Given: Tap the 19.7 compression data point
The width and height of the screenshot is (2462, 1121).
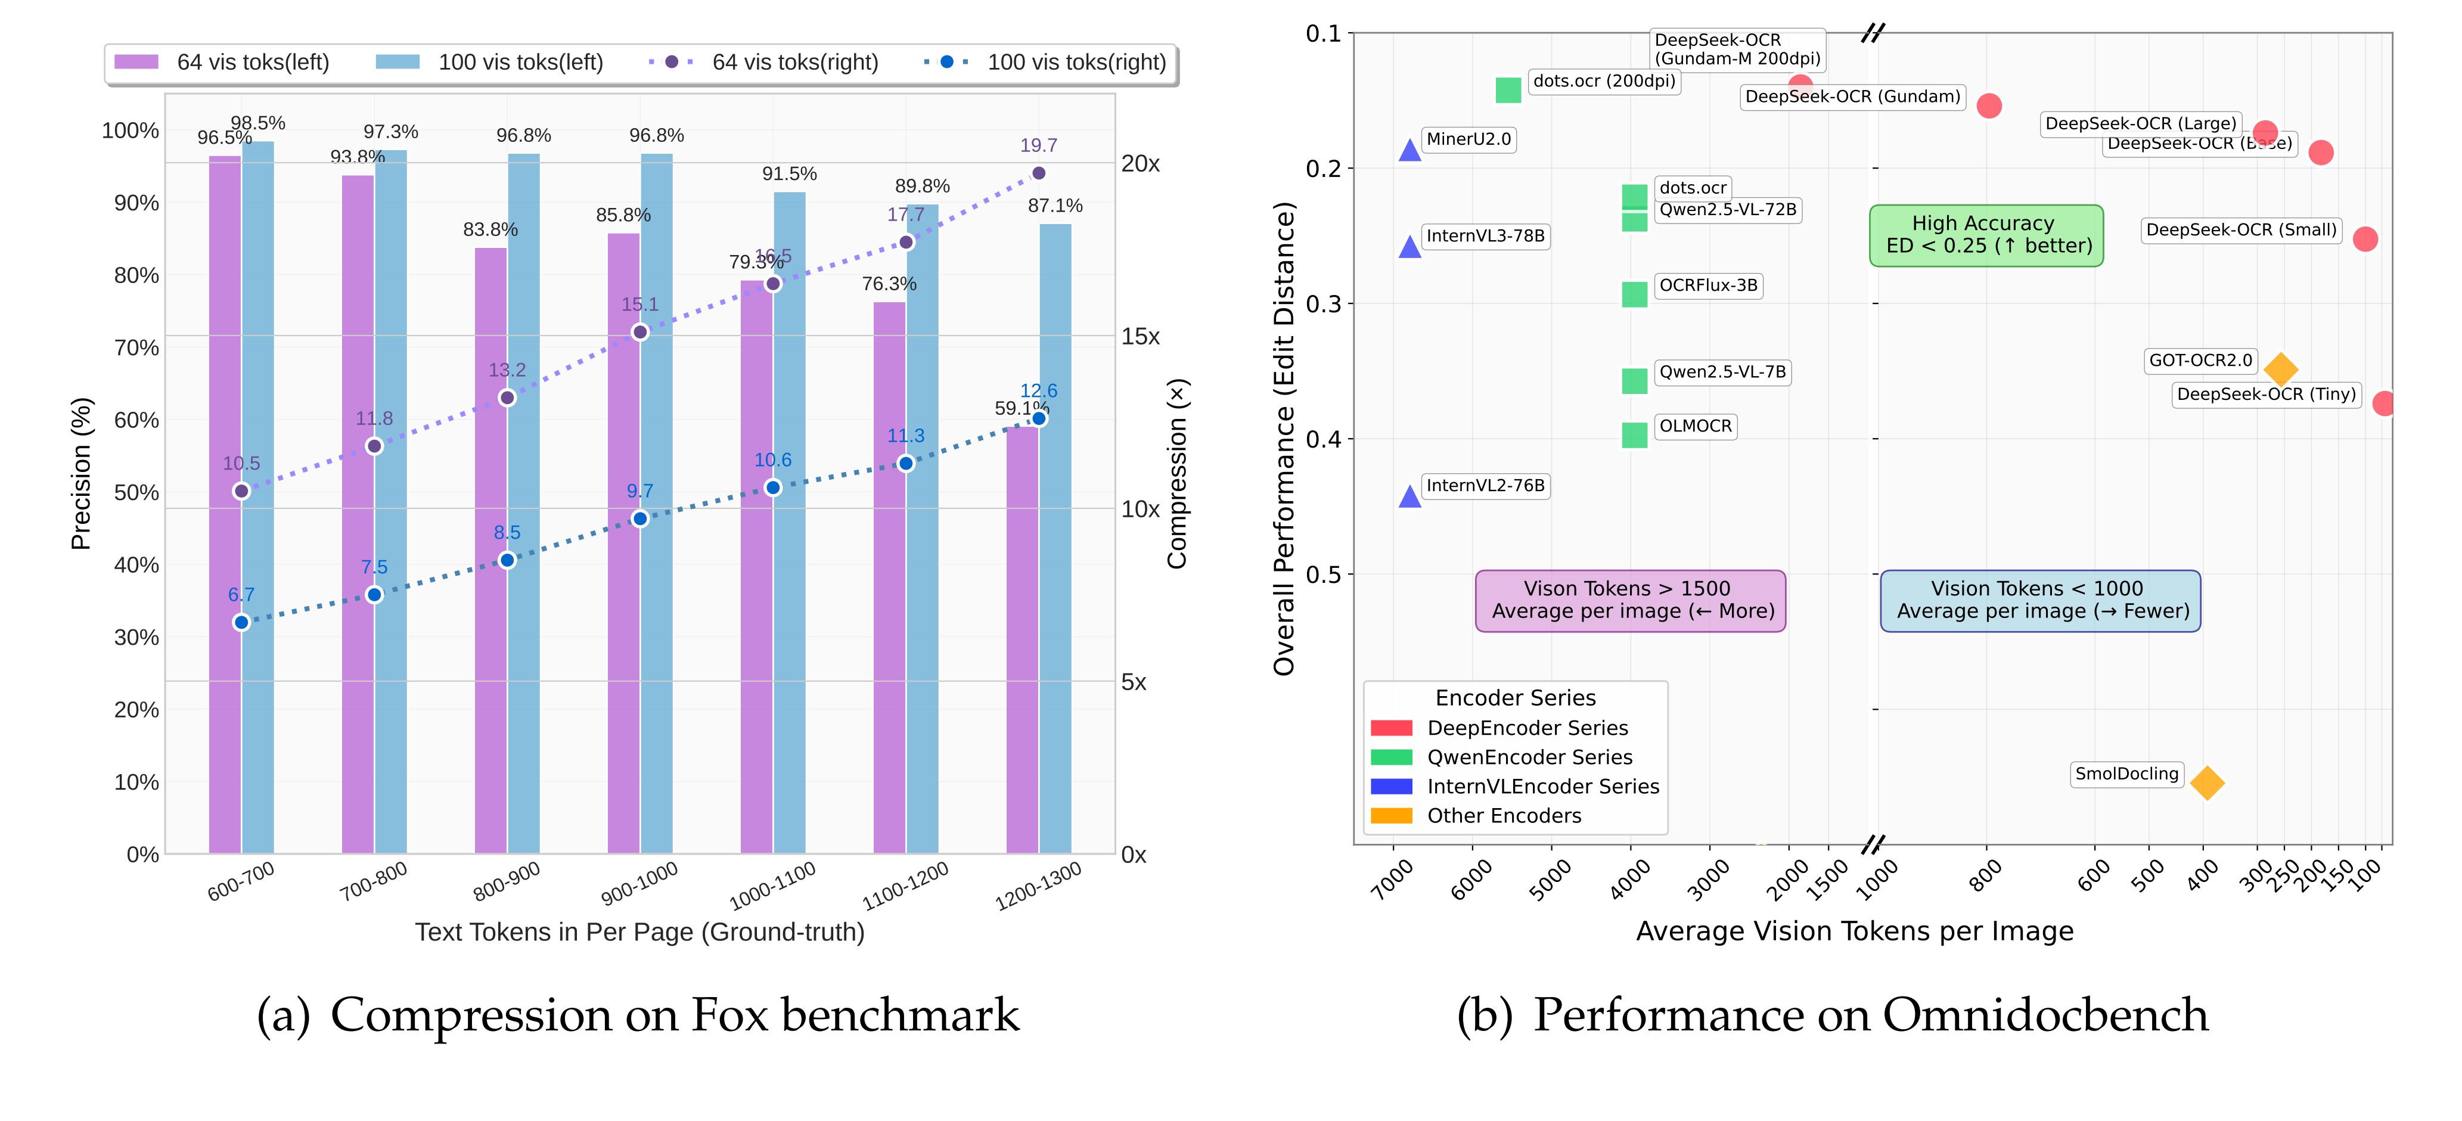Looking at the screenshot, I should (1039, 173).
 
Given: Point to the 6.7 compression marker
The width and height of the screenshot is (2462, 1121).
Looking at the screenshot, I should (242, 622).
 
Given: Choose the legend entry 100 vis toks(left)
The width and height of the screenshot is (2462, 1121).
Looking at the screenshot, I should (489, 62).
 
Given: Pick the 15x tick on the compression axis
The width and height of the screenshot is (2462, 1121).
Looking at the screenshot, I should (1140, 336).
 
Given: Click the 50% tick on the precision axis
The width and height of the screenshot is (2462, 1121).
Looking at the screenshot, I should (136, 492).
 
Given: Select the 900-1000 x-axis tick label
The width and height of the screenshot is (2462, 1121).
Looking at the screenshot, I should (639, 883).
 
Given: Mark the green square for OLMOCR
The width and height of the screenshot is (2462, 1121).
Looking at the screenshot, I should (1634, 435).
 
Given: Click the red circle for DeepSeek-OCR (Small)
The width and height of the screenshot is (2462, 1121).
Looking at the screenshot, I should (2364, 239).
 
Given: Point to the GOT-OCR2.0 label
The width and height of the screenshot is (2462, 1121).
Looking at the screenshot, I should (2200, 361).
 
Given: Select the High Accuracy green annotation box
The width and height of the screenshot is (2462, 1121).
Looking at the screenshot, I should (1986, 235).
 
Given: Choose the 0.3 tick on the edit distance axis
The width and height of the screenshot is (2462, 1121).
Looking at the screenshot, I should (1324, 304).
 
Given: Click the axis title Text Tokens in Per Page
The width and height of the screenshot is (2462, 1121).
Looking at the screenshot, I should (639, 931).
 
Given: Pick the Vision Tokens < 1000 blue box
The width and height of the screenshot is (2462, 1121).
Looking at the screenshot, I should (2041, 600).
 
